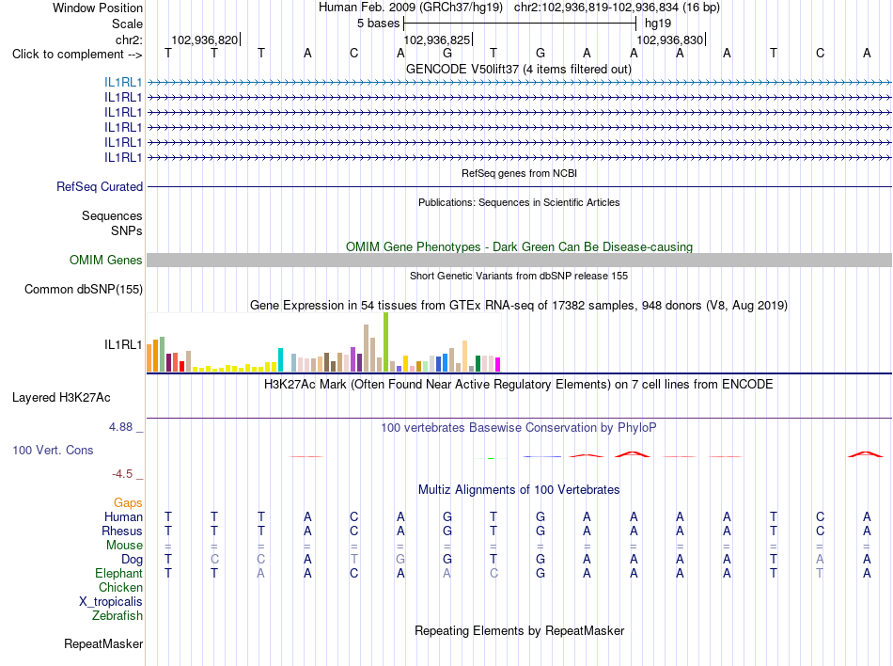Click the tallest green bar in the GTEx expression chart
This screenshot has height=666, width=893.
[x=386, y=341]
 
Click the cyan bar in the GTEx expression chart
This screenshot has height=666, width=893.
[x=280, y=360]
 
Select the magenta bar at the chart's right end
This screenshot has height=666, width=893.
[x=498, y=365]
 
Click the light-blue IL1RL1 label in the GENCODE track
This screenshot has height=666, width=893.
[x=123, y=83]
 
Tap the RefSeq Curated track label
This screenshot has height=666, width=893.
[x=100, y=187]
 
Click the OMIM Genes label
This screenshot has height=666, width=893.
[x=106, y=261]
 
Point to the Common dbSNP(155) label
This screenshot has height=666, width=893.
[x=84, y=290]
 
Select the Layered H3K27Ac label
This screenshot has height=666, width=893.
[x=61, y=398]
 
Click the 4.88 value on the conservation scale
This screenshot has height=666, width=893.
[x=120, y=427]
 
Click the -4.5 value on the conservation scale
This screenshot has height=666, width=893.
[x=122, y=474]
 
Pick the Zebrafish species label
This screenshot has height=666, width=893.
[x=117, y=616]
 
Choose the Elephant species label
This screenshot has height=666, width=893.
[x=119, y=574]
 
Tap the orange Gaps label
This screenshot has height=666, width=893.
[x=128, y=503]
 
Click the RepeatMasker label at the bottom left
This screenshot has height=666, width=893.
[x=103, y=644]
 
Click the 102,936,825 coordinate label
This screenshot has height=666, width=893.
[x=437, y=40]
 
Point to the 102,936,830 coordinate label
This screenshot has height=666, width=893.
[x=669, y=40]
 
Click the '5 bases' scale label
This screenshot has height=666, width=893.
[x=379, y=24]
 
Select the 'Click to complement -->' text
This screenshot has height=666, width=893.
[x=77, y=55]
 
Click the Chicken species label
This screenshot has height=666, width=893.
[x=120, y=588]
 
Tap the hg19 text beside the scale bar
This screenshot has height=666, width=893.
[x=658, y=24]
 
